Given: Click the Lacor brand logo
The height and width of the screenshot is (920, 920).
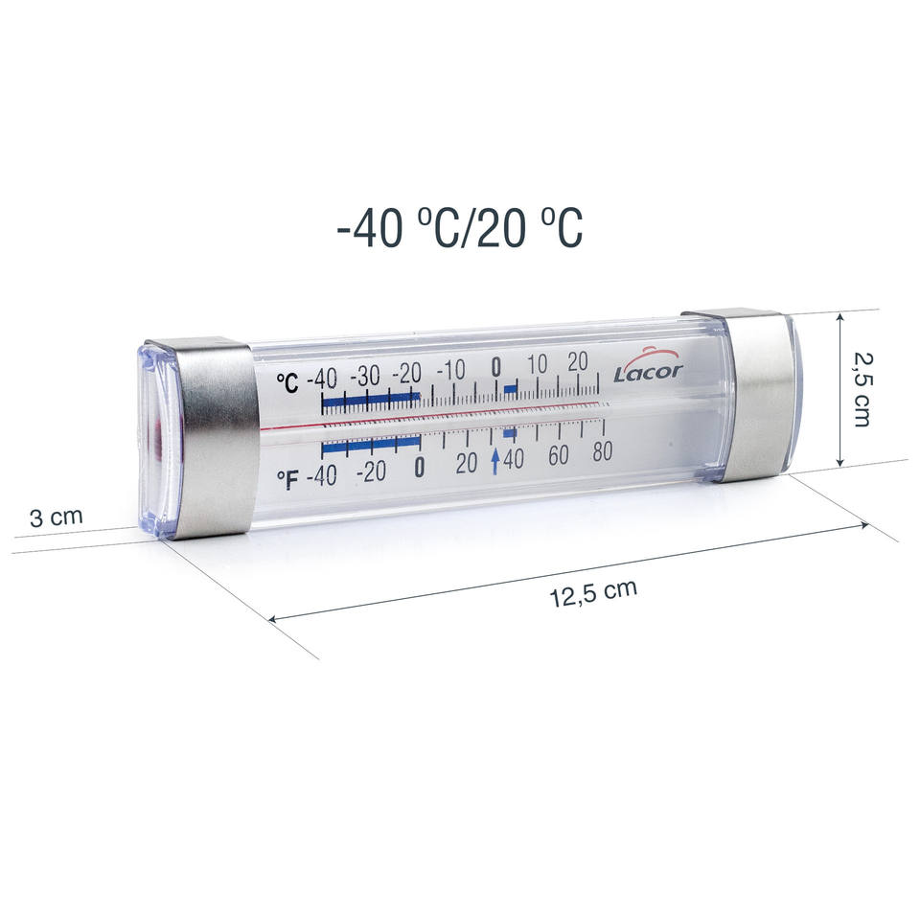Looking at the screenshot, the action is pyautogui.click(x=649, y=367).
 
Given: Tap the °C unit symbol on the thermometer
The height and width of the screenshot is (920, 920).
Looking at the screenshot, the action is pyautogui.click(x=288, y=383).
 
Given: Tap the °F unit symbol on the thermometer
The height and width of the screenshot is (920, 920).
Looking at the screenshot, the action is pyautogui.click(x=287, y=479).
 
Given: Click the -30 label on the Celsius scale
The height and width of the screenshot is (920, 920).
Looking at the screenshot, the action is pyautogui.click(x=365, y=376).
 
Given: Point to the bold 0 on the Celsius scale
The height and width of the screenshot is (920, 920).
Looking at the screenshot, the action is pyautogui.click(x=496, y=367).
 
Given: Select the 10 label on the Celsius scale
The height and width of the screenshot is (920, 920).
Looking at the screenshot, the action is pyautogui.click(x=538, y=364).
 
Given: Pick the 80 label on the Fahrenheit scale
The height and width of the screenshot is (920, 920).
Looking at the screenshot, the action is pyautogui.click(x=603, y=450).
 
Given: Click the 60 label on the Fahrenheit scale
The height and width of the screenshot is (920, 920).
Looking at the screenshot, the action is pyautogui.click(x=559, y=454).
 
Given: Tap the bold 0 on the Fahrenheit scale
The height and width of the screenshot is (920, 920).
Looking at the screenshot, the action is pyautogui.click(x=419, y=467).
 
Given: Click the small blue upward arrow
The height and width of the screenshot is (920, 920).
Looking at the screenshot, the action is pyautogui.click(x=495, y=461).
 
